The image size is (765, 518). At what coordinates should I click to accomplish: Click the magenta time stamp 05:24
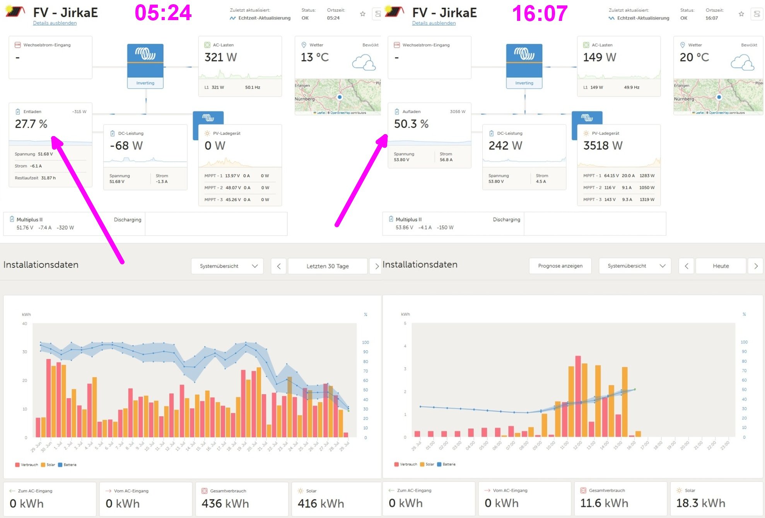click(163, 13)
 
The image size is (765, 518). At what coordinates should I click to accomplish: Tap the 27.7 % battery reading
click(31, 124)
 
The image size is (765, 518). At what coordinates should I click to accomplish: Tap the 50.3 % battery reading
click(411, 124)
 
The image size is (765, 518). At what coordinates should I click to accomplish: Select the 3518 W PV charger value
click(603, 146)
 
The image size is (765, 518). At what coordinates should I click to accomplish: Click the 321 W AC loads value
click(220, 58)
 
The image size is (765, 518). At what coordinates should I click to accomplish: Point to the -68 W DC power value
click(126, 146)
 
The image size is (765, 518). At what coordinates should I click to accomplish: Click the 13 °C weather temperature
click(314, 58)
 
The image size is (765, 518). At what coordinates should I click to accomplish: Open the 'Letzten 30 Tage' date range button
click(327, 266)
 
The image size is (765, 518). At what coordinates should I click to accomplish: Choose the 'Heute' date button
click(721, 266)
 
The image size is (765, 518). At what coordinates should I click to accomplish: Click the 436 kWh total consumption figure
click(225, 504)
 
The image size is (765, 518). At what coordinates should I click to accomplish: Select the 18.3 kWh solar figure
click(700, 503)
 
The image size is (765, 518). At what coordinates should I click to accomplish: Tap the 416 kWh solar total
click(321, 504)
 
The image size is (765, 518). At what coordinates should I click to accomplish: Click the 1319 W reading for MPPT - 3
click(647, 199)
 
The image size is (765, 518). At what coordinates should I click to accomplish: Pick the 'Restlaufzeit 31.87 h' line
click(35, 178)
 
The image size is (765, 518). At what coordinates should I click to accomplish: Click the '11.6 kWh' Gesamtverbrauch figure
click(604, 503)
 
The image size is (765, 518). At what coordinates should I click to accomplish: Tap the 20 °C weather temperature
click(694, 58)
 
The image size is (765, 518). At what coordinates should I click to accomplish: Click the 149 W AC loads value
click(599, 58)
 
